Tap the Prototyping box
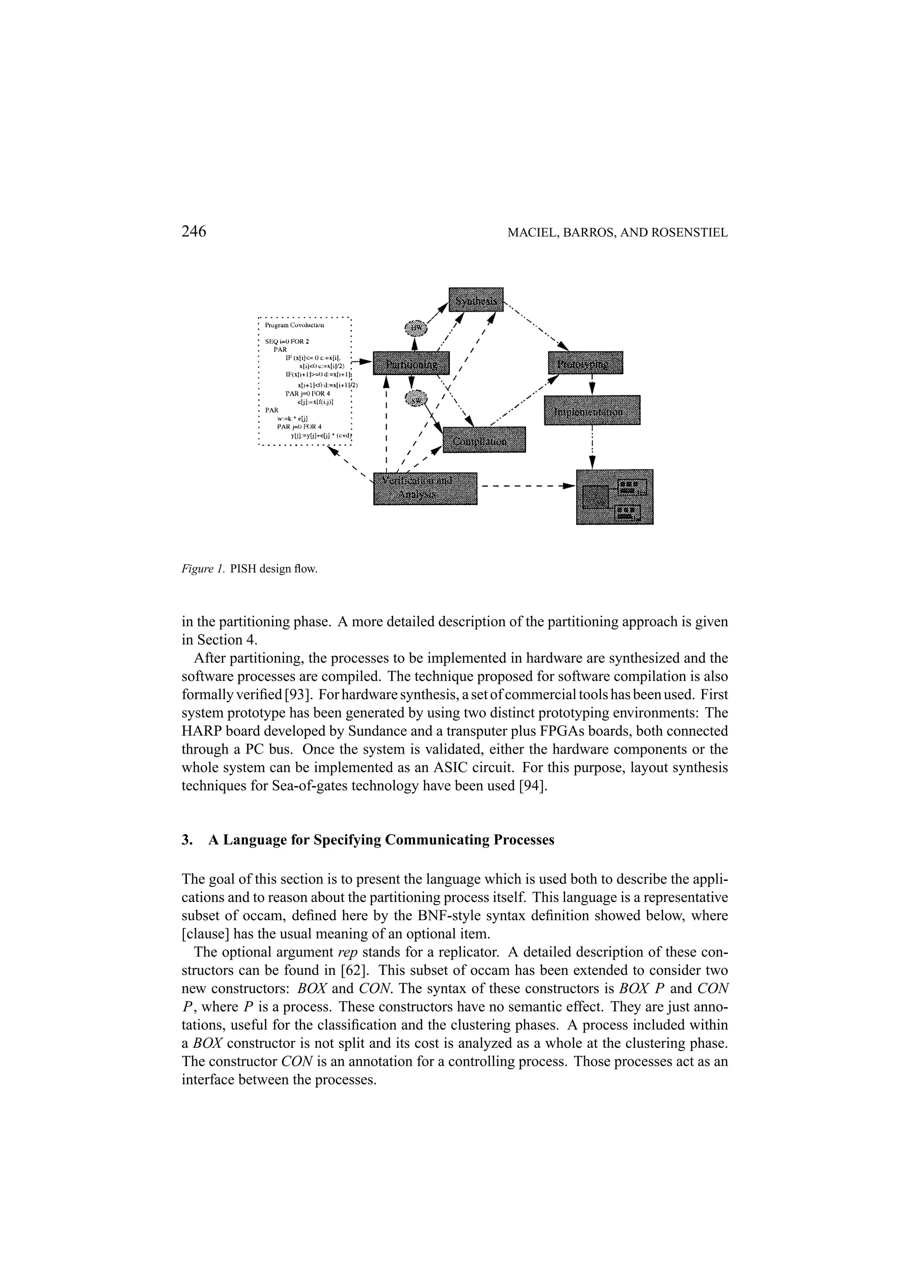click(x=585, y=363)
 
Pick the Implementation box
click(x=592, y=410)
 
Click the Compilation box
click(x=484, y=440)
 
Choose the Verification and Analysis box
click(x=425, y=488)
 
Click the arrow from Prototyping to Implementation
click(x=592, y=385)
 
